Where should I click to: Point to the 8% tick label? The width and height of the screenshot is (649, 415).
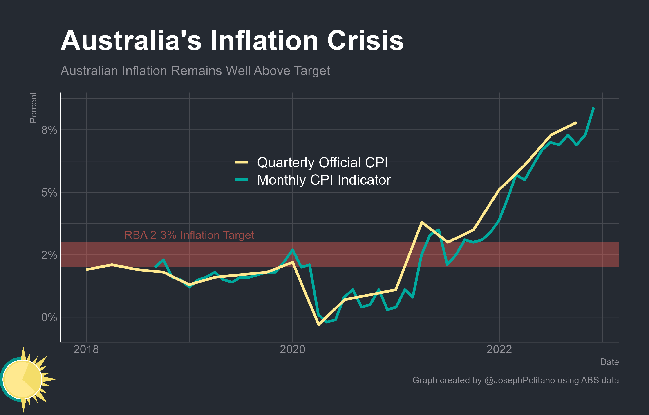(49, 130)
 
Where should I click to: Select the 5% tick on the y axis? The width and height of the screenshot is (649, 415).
(49, 193)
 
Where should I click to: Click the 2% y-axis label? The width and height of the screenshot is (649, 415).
(49, 255)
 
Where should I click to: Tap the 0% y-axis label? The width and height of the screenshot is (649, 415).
(49, 317)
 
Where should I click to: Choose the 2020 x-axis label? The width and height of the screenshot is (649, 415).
(292, 349)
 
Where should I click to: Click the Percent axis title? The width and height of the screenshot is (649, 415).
(33, 108)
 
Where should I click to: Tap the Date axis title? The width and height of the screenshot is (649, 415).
(609, 362)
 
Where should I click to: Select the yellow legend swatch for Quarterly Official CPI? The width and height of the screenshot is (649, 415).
(242, 162)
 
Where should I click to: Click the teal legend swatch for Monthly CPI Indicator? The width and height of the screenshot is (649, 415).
(242, 180)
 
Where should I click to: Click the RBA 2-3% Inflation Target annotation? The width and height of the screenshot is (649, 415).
(189, 235)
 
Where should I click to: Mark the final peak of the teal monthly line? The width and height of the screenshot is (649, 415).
(594, 108)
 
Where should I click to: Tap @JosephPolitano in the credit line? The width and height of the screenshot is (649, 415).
(519, 380)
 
